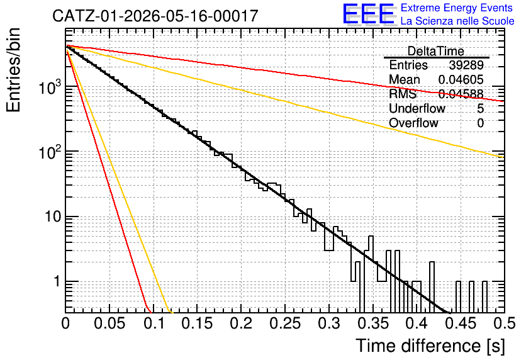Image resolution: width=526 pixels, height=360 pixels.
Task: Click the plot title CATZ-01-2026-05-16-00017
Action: pos(155,16)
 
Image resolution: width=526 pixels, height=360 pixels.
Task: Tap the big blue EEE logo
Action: pos(369,14)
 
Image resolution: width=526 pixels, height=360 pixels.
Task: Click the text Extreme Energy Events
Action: pos(457,8)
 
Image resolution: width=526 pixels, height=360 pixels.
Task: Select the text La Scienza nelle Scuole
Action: pos(457,21)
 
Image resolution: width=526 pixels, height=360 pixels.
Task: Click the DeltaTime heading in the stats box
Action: pos(435,51)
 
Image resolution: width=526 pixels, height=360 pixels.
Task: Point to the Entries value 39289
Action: pos(466,65)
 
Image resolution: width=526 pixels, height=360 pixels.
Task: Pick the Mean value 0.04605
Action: pos(461,79)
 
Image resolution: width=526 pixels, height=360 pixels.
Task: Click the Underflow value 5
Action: pos(480,108)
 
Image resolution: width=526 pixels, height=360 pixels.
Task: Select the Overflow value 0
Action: pos(480,123)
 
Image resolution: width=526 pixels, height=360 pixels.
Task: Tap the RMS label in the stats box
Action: pos(403,94)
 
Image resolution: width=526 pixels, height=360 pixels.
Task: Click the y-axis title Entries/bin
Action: pos(13,70)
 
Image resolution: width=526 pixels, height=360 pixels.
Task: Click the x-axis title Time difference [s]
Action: pos(430,346)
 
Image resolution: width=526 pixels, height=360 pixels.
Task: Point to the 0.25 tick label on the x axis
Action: pos(285,323)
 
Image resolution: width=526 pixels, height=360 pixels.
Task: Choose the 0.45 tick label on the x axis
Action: pos(461,323)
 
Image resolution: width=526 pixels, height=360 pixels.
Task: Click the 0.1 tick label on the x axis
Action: pos(154,323)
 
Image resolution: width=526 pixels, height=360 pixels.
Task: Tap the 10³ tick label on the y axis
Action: pos(50,87)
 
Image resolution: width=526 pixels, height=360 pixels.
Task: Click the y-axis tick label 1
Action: pos(57,282)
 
